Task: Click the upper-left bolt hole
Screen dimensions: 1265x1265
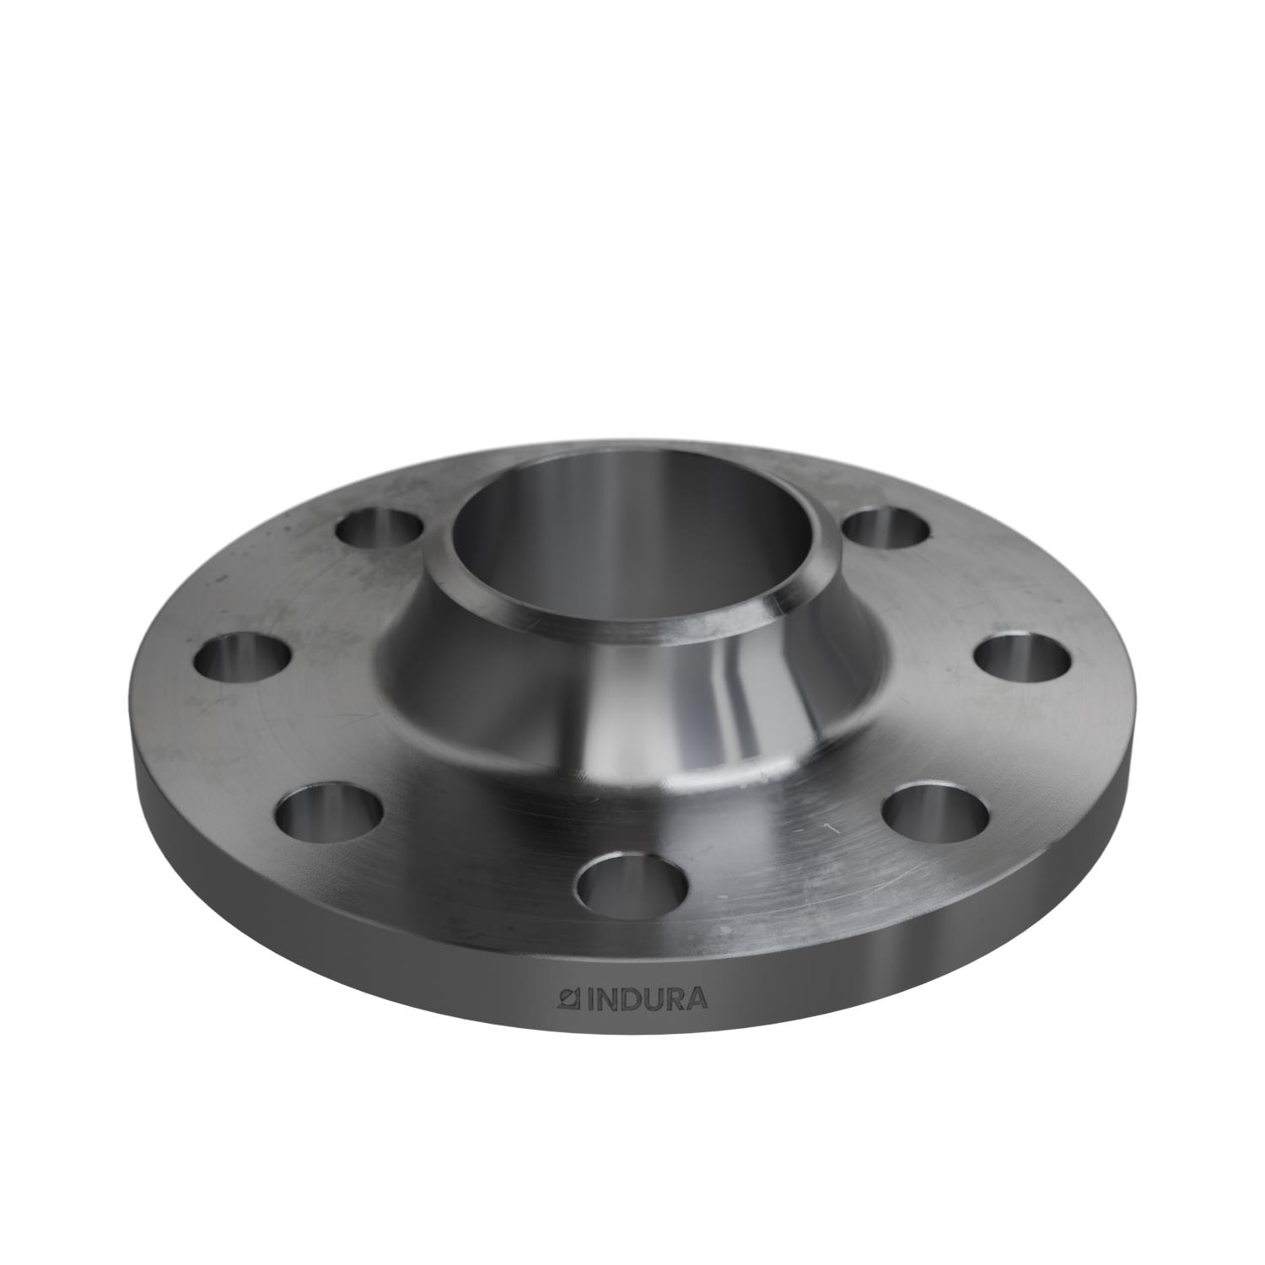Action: (379, 529)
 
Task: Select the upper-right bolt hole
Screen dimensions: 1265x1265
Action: (886, 528)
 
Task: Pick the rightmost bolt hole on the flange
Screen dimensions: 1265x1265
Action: (1024, 658)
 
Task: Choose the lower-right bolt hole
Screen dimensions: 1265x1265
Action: (936, 808)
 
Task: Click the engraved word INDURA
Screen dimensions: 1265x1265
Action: (647, 1000)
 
